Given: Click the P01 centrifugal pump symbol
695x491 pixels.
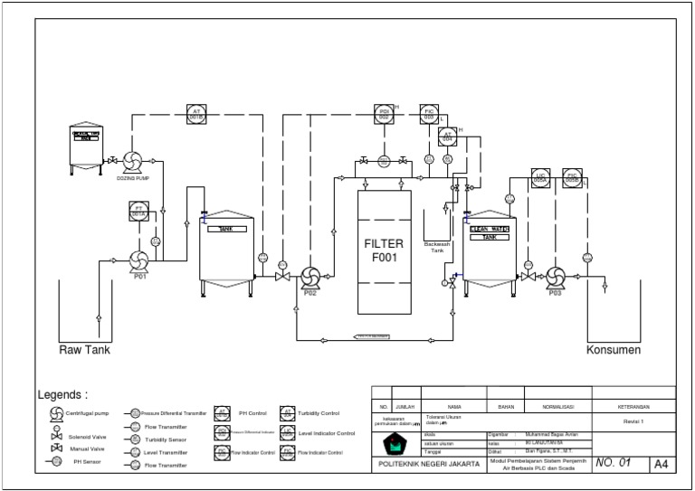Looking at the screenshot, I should point(139,261).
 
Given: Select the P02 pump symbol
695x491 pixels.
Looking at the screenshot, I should point(309,276).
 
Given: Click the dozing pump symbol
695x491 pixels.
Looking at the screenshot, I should point(130,162).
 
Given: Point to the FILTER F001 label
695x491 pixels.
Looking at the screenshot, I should point(384,250).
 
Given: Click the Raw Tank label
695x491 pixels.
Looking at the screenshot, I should point(84,350).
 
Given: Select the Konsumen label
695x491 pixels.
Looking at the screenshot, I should point(614,350).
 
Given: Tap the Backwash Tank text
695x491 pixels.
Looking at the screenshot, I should point(437,248).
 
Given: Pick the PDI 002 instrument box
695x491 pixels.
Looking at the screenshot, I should point(384,113).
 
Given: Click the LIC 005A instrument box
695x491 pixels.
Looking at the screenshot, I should point(540,177).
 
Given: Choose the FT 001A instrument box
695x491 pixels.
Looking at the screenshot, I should point(139,211).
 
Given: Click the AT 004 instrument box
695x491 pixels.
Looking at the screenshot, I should point(448,137).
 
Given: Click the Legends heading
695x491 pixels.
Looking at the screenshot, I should point(62,395).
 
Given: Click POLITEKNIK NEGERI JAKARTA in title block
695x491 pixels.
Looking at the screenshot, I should point(429,463).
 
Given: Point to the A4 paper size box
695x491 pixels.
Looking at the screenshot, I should point(662,464).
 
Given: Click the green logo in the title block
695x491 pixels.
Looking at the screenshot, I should point(394,444).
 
